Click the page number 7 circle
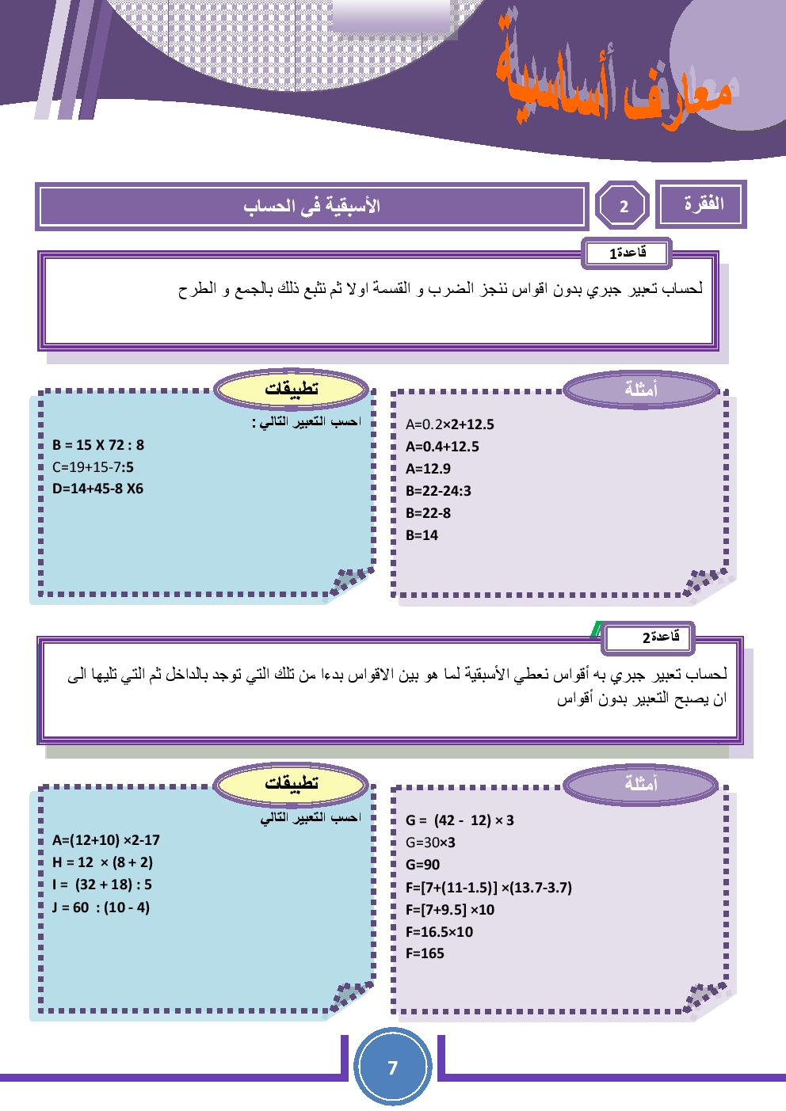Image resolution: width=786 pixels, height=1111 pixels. click(392, 1067)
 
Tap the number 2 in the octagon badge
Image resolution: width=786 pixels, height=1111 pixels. click(623, 207)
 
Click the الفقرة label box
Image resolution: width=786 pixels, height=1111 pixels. click(702, 204)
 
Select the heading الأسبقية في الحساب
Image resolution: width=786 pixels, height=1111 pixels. click(311, 207)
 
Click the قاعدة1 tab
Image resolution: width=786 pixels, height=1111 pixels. click(627, 253)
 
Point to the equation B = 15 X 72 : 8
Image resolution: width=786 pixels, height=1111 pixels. click(98, 445)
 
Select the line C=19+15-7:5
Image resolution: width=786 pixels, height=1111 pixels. click(93, 467)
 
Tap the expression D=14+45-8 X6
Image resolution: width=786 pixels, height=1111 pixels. click(97, 489)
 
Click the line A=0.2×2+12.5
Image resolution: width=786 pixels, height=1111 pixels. click(449, 424)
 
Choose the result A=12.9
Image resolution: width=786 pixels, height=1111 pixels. click(428, 469)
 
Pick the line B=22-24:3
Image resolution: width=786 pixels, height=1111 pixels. click(438, 491)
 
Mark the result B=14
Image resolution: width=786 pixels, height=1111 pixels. click(422, 535)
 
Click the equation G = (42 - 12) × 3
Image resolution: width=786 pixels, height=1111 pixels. click(460, 820)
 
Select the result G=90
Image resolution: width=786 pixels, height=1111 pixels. click(422, 865)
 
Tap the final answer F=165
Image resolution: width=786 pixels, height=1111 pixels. click(425, 953)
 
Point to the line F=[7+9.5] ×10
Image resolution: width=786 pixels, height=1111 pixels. click(449, 910)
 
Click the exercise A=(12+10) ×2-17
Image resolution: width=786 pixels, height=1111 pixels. click(105, 840)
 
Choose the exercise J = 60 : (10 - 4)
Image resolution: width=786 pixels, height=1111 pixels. click(101, 907)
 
